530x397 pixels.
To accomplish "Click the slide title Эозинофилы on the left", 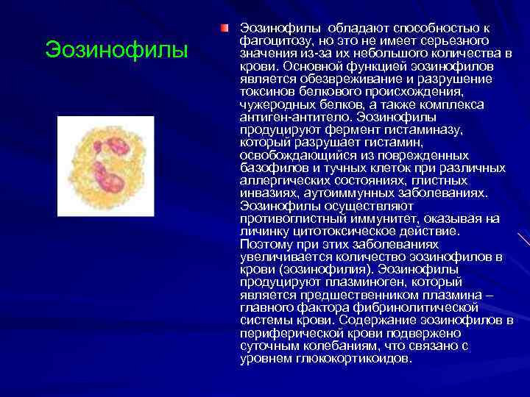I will pyautogui.click(x=117, y=50).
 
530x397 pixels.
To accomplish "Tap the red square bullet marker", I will pyautogui.click(x=224, y=29).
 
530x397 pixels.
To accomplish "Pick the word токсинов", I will pyautogui.click(x=265, y=91).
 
